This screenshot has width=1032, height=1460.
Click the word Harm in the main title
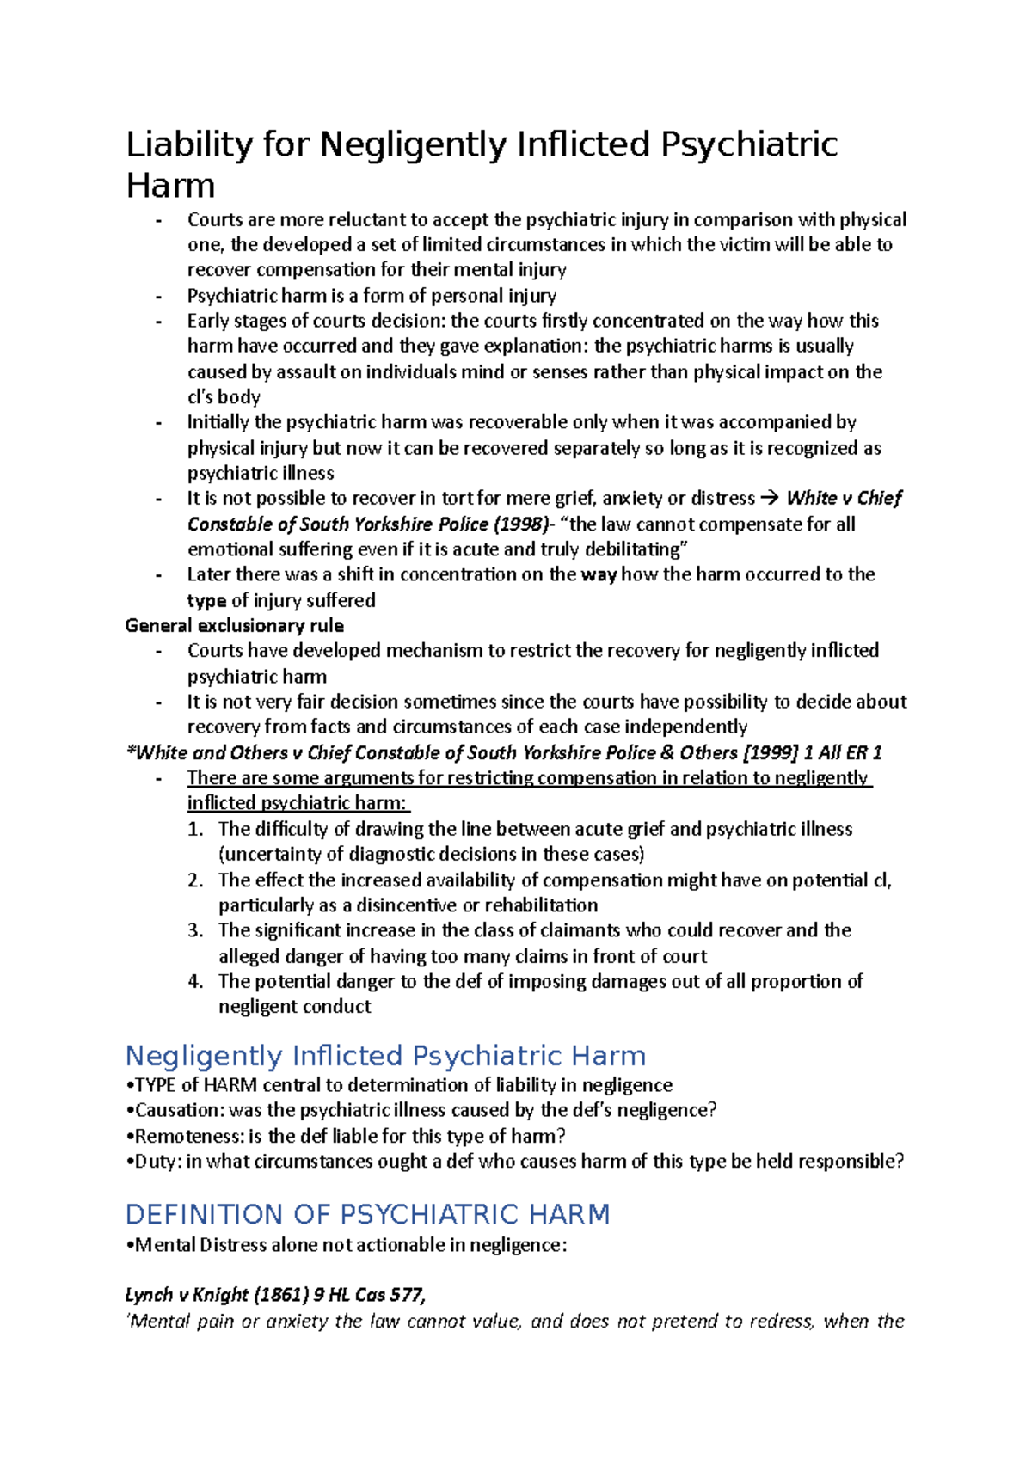[x=170, y=186]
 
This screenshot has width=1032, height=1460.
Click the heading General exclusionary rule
[x=234, y=625]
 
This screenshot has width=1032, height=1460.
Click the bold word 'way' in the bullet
[x=599, y=574]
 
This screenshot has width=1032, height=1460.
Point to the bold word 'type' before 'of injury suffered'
[x=206, y=600]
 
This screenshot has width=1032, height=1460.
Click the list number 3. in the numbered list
[x=195, y=930]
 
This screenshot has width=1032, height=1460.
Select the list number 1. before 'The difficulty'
[x=195, y=829]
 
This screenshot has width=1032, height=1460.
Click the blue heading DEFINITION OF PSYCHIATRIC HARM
[x=367, y=1214]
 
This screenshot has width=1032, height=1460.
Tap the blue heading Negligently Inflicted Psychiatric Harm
[x=385, y=1056]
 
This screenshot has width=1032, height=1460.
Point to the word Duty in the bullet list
[x=156, y=1162]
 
